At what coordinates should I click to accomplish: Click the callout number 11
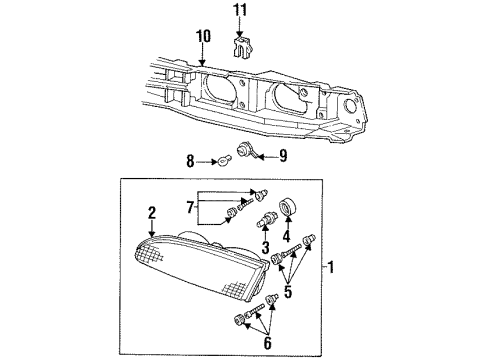point(240,10)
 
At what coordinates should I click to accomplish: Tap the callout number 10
point(203,36)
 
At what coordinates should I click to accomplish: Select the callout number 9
point(283,156)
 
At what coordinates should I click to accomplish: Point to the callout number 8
point(190,162)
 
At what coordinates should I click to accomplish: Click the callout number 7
point(190,208)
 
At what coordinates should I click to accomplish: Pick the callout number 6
point(268,343)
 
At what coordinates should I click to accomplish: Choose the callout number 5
point(288,292)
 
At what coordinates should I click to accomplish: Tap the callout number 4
point(287,236)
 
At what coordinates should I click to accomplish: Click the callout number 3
point(265,247)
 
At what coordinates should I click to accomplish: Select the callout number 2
point(152,213)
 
